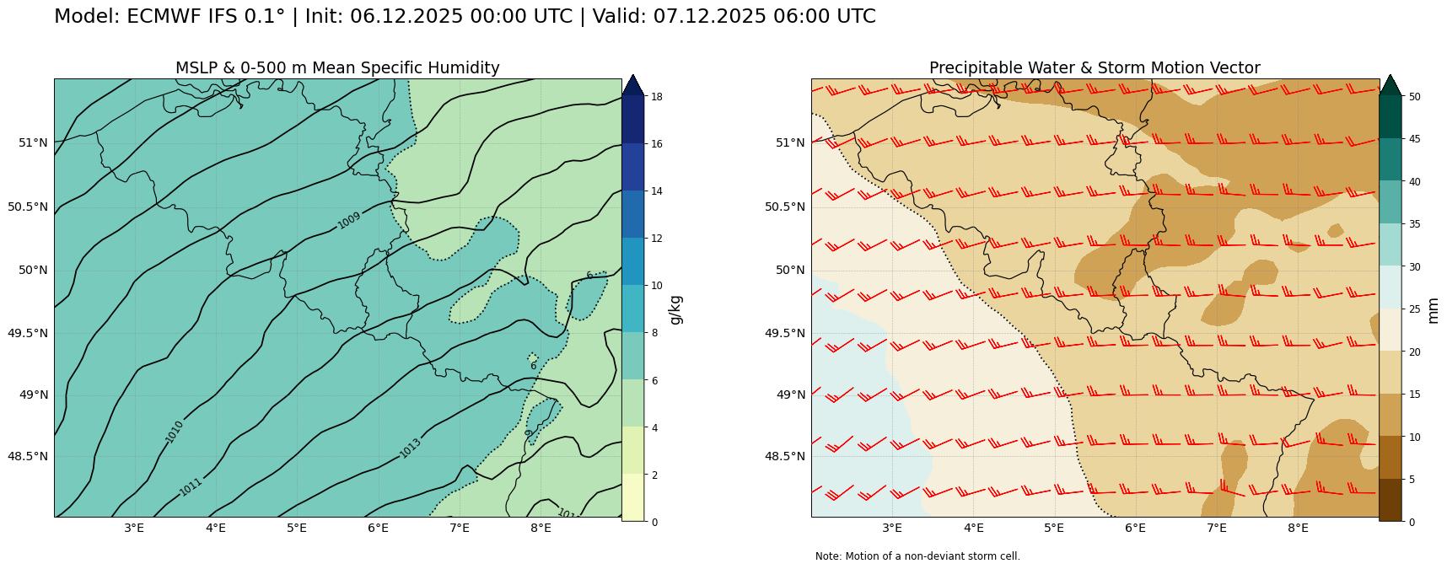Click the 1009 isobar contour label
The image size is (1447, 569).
pyautogui.click(x=348, y=218)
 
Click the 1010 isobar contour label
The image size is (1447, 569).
pyautogui.click(x=175, y=432)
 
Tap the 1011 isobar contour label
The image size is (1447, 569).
pyautogui.click(x=191, y=486)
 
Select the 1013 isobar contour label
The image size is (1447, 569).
pyautogui.click(x=410, y=448)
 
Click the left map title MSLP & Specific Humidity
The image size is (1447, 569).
pyautogui.click(x=337, y=68)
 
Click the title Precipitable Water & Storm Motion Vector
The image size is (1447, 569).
pyautogui.click(x=1095, y=68)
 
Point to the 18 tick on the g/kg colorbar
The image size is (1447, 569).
pyautogui.click(x=655, y=97)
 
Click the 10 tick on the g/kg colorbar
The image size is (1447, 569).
pyautogui.click(x=655, y=286)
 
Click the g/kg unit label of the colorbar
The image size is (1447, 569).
pyautogui.click(x=675, y=309)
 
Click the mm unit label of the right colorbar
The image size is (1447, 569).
pyautogui.click(x=1434, y=309)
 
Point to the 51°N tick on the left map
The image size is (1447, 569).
pyautogui.click(x=33, y=142)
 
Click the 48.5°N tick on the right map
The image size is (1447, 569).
pyautogui.click(x=786, y=456)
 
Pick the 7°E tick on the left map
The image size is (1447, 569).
pyautogui.click(x=459, y=529)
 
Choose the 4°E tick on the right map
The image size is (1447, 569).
pyautogui.click(x=973, y=529)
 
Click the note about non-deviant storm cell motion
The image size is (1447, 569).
pyautogui.click(x=917, y=556)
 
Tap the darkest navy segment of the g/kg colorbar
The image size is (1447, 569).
pyautogui.click(x=632, y=120)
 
